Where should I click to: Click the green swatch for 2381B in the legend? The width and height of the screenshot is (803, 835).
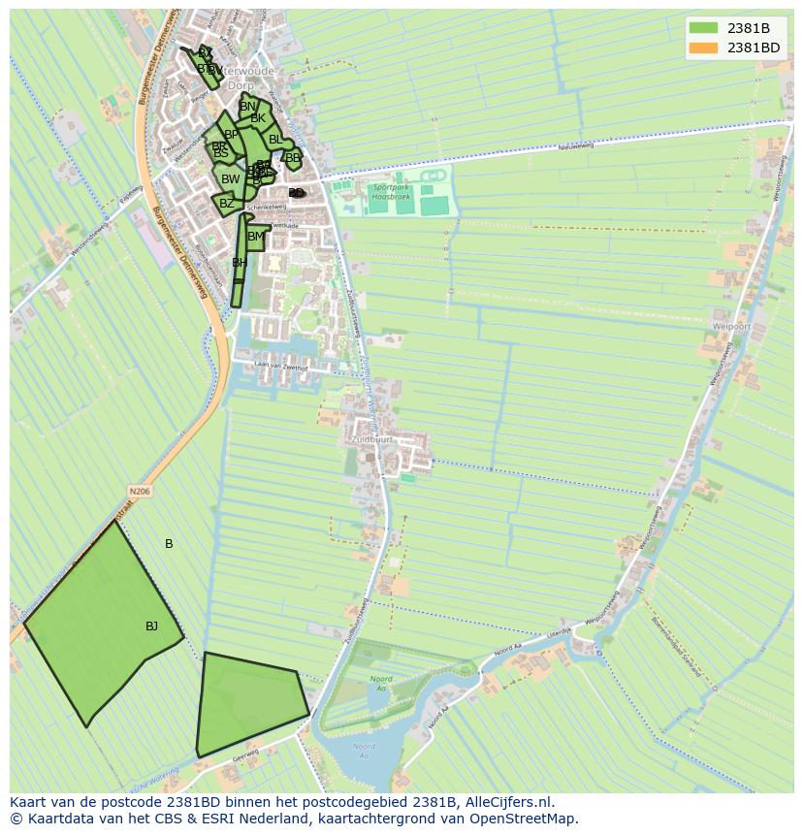[x=703, y=28]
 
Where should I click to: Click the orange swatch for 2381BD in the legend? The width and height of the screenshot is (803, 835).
[x=703, y=48]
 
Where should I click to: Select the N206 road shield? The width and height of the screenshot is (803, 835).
[x=141, y=492]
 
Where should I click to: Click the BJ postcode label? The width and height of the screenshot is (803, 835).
[x=151, y=626]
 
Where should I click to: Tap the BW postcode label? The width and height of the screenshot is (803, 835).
[x=230, y=179]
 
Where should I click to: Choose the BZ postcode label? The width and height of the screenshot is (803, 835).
[x=226, y=204]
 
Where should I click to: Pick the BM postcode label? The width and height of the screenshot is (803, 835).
[x=255, y=237]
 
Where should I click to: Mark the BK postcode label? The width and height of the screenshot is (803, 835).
[x=257, y=118]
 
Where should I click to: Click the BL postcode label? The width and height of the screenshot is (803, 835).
[x=275, y=140]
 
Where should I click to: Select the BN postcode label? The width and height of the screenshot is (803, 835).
[x=247, y=107]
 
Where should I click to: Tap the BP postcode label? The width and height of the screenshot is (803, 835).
[x=231, y=135]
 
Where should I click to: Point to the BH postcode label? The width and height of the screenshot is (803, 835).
[x=239, y=263]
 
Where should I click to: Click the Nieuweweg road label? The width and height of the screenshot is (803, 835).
[x=574, y=147]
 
